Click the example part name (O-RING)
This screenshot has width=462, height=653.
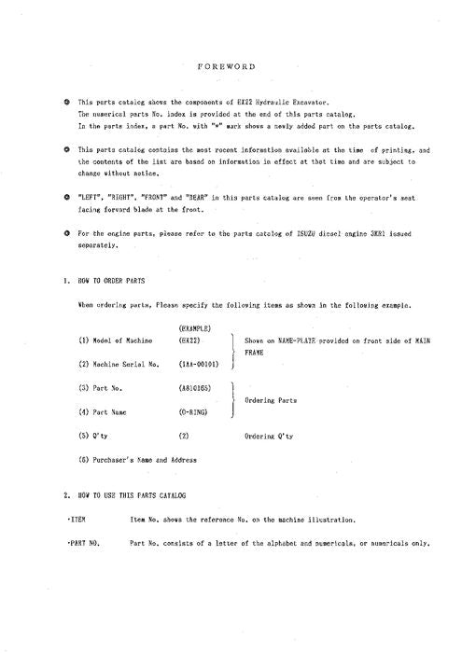click(192, 409)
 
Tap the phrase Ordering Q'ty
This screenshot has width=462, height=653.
click(271, 435)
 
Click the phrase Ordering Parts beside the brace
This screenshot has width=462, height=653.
click(271, 399)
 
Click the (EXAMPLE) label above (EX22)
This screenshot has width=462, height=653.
click(193, 327)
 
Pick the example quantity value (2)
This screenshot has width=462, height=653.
click(183, 435)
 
